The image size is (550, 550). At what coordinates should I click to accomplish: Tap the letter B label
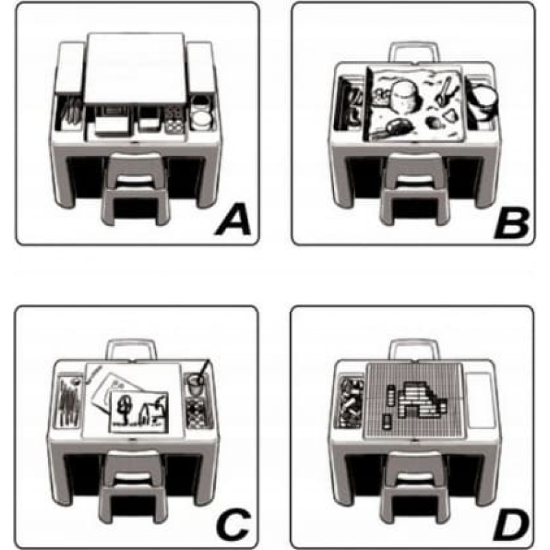pyautogui.click(x=511, y=222)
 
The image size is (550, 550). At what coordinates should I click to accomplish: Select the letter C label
pyautogui.click(x=233, y=525)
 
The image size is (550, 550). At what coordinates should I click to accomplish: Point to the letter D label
pyautogui.click(x=511, y=525)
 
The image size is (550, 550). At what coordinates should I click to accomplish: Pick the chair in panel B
pyautogui.click(x=414, y=190)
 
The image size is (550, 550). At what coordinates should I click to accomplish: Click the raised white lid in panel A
pyautogui.click(x=135, y=67)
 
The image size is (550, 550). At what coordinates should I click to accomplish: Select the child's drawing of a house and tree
pyautogui.click(x=139, y=412)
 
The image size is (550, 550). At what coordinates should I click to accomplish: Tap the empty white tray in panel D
pyautogui.click(x=479, y=400)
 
